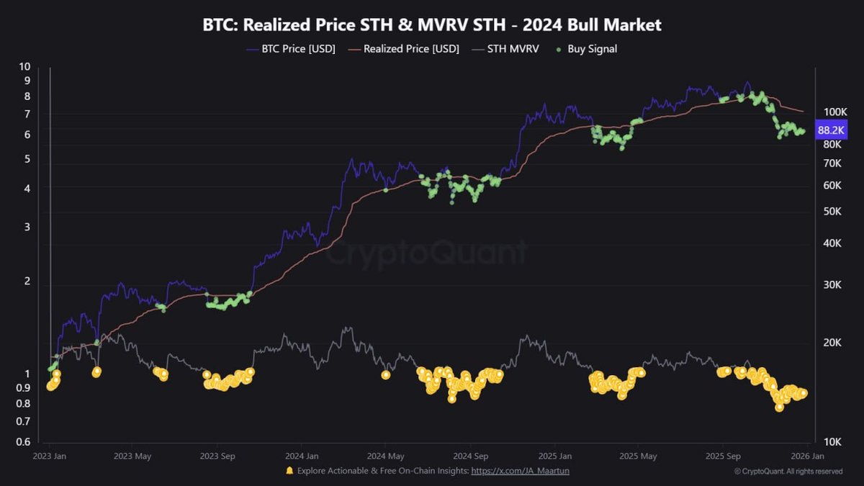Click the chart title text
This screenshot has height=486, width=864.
[431, 25]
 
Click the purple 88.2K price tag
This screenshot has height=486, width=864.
[832, 130]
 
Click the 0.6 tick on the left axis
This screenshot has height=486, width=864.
[24, 442]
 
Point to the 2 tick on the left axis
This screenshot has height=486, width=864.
[27, 281]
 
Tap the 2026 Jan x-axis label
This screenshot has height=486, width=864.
[808, 456]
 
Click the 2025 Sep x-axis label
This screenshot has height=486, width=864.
[724, 456]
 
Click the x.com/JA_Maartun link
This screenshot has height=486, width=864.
[521, 471]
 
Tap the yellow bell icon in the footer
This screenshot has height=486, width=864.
[289, 471]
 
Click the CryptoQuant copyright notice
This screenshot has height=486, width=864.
[788, 472]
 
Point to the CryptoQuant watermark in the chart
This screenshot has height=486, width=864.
[428, 253]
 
